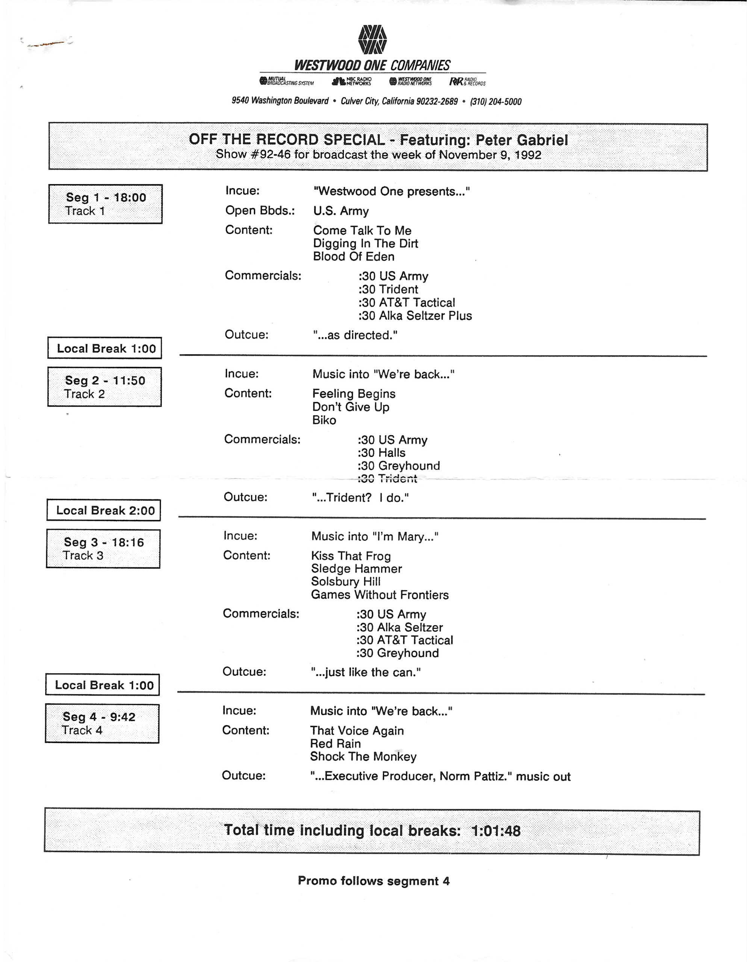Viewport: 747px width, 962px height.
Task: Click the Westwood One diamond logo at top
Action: click(373, 39)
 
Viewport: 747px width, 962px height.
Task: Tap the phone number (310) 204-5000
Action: click(496, 102)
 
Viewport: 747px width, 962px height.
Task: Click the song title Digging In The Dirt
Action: click(366, 244)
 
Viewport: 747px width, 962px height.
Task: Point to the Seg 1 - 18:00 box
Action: click(105, 204)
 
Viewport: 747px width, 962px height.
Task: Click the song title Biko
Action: click(324, 420)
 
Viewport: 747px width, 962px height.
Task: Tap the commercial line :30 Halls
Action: click(381, 453)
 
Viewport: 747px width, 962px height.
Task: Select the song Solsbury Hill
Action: click(345, 582)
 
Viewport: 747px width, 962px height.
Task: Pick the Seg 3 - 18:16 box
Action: click(103, 549)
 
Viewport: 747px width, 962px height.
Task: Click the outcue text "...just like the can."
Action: click(366, 673)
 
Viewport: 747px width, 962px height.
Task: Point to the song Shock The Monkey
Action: click(363, 757)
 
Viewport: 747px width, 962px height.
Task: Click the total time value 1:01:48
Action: click(496, 831)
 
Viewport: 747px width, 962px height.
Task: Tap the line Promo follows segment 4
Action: click(373, 881)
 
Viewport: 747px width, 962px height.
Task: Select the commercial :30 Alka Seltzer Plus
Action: click(415, 316)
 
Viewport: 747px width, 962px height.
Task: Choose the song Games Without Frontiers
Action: click(380, 595)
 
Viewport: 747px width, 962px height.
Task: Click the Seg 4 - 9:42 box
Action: click(102, 724)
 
